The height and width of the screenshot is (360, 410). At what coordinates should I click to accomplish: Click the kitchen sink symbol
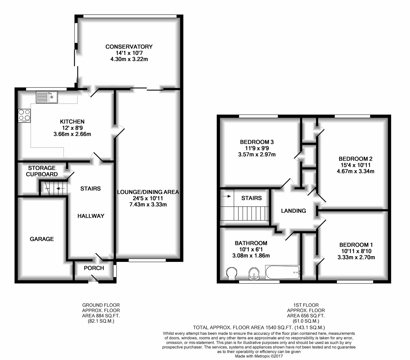pyautogui.click(x=47, y=97)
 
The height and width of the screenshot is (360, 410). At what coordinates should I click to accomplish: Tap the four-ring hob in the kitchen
pyautogui.click(x=24, y=115)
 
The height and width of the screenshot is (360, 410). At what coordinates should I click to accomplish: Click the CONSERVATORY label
pyautogui.click(x=129, y=46)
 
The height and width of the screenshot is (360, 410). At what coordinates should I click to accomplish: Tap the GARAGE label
pyautogui.click(x=42, y=239)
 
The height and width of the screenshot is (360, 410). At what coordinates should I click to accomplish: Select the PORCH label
pyautogui.click(x=94, y=268)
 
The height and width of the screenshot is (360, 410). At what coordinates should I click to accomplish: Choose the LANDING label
pyautogui.click(x=293, y=211)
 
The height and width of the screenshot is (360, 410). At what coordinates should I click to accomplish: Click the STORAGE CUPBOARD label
pyautogui.click(x=42, y=171)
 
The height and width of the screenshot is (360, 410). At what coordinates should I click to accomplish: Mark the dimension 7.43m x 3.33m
pyautogui.click(x=148, y=204)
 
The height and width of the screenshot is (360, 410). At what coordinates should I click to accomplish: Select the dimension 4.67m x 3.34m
pyautogui.click(x=355, y=171)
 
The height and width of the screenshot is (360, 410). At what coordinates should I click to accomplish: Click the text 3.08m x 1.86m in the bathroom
pyautogui.click(x=251, y=255)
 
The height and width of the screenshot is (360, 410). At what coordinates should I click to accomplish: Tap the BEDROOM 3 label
pyautogui.click(x=257, y=142)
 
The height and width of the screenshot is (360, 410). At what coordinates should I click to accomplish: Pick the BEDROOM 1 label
pyautogui.click(x=356, y=245)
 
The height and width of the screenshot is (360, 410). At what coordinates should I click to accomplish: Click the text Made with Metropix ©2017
pyautogui.click(x=259, y=356)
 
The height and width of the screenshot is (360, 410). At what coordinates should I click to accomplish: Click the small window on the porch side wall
pyautogui.click(x=115, y=271)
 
